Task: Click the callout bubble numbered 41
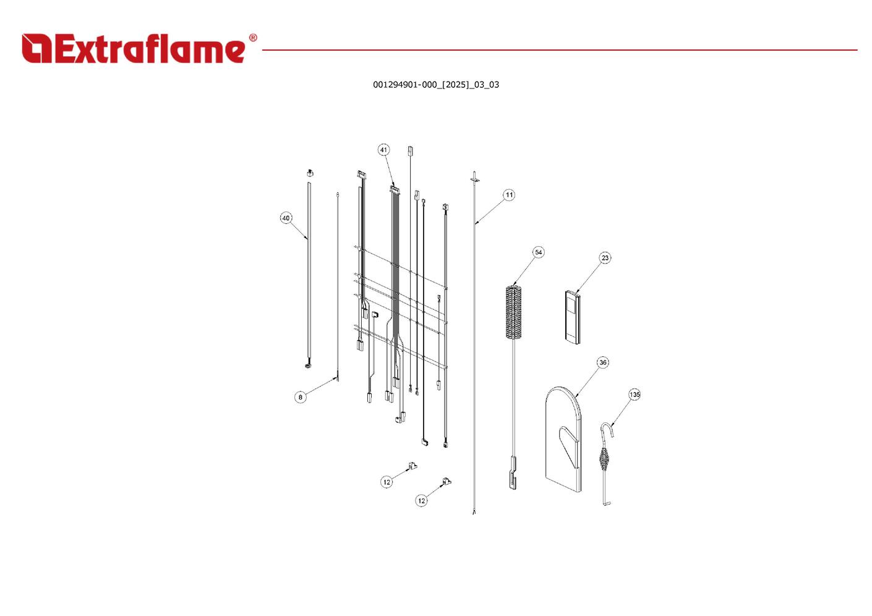(384, 150)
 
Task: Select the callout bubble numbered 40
(286, 218)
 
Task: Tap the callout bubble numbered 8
(300, 397)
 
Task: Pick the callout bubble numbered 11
(509, 195)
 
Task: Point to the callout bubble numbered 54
(539, 252)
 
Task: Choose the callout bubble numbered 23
(605, 258)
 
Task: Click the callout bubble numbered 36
(603, 362)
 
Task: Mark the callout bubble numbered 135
(635, 395)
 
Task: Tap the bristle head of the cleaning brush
(513, 312)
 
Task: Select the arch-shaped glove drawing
(563, 439)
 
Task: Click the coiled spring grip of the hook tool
(604, 460)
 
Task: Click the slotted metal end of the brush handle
(513, 474)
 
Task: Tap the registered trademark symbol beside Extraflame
(253, 38)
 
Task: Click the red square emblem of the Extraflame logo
(36, 48)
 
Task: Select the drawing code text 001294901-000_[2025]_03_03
(436, 85)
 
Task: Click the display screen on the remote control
(571, 304)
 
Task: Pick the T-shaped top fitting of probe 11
(474, 177)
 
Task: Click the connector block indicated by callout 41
(395, 190)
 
